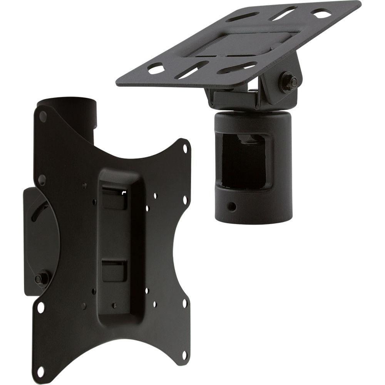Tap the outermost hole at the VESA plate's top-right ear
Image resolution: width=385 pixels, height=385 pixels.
tap(186, 147)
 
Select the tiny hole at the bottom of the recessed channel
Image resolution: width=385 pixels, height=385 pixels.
tap(114, 306)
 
